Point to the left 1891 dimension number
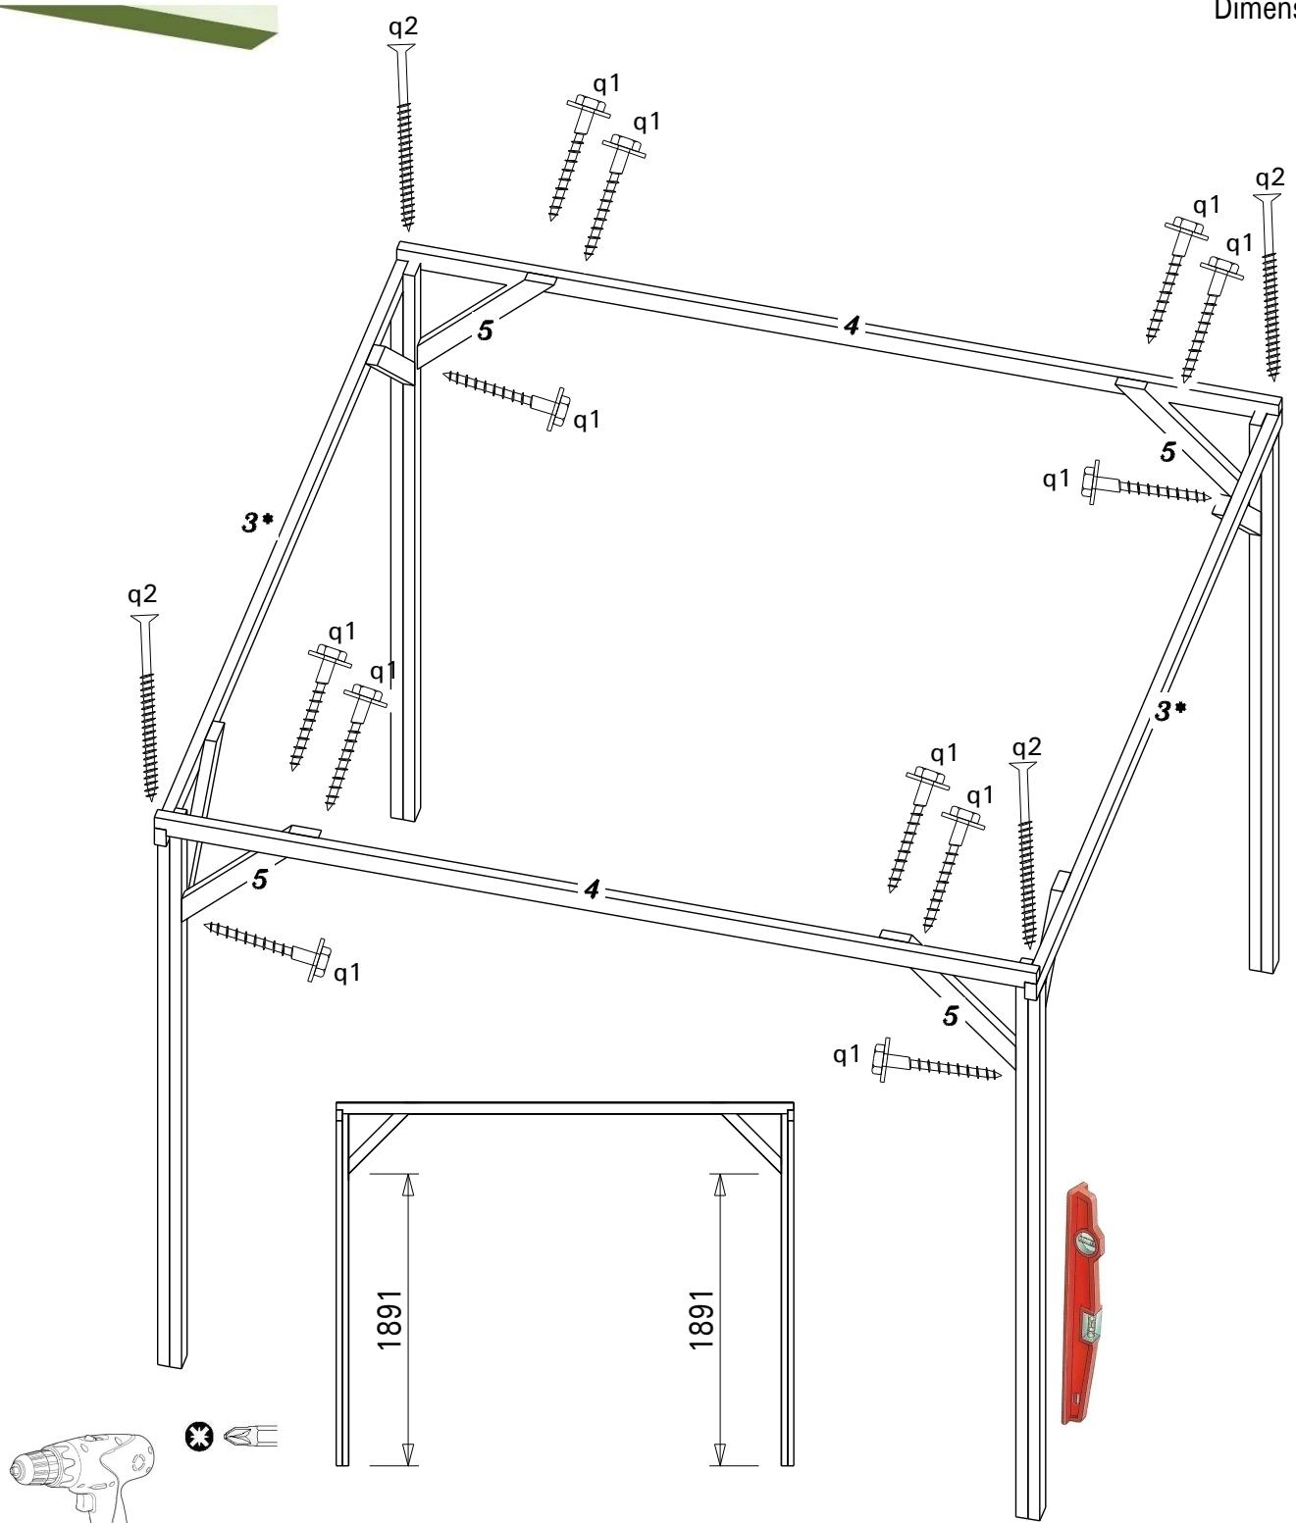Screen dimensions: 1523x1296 [390, 1319]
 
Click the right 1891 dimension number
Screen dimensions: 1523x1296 [701, 1319]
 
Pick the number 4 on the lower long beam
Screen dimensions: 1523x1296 [592, 889]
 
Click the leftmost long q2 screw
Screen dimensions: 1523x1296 [147, 706]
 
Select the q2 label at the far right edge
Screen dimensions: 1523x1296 [1270, 178]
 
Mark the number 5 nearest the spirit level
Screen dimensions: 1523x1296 [950, 1016]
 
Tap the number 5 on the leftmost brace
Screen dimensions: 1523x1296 [259, 880]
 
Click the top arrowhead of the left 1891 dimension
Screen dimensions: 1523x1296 [408, 1185]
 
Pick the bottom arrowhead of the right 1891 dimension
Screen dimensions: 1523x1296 [719, 1452]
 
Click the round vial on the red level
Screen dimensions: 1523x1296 [1085, 1244]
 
